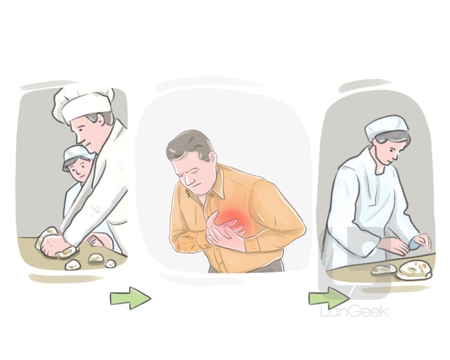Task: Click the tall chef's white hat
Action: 83,104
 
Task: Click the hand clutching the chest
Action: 226,232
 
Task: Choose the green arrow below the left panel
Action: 131,298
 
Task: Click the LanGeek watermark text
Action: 355,311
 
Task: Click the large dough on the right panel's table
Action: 414,270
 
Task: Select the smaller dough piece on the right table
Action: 384,269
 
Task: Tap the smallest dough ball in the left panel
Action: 110,263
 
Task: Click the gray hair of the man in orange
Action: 190,145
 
